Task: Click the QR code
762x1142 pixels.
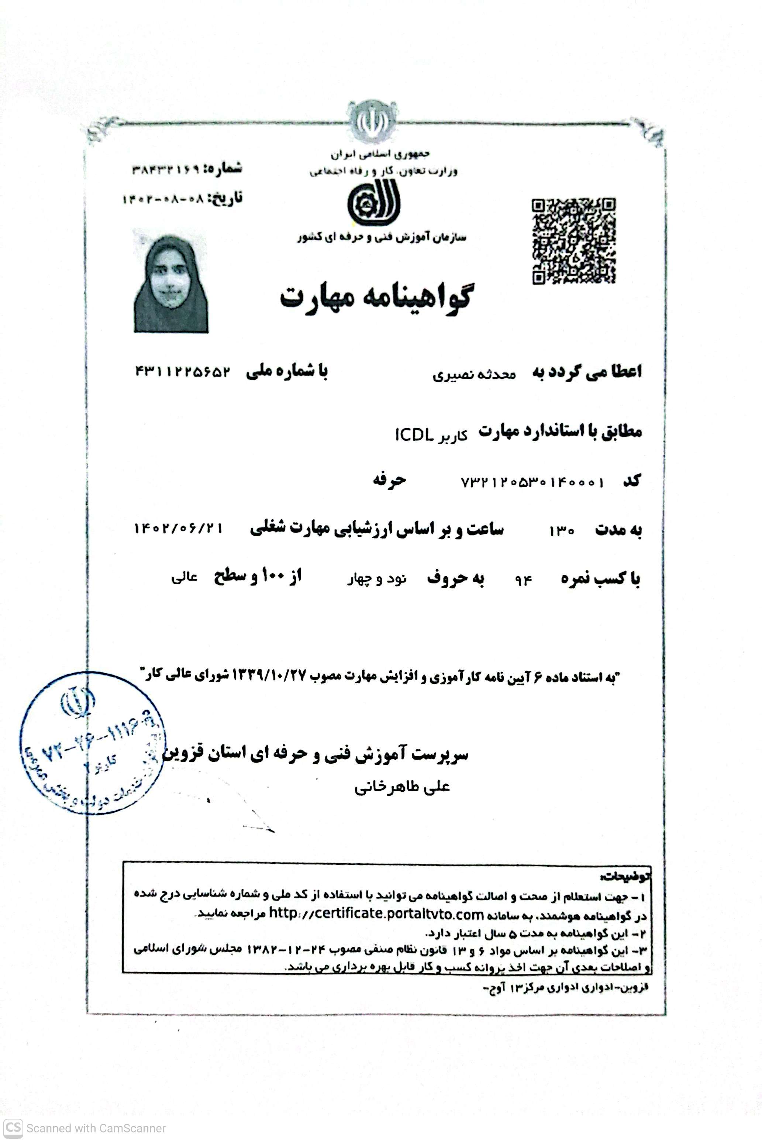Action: coord(573,241)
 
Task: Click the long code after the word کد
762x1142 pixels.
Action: coord(532,482)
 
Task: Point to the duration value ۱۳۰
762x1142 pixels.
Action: coord(562,531)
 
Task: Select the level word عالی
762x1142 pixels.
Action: coord(184,578)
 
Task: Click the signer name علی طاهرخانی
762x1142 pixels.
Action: coord(402,787)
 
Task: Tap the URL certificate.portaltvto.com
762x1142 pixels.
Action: coord(376,914)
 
